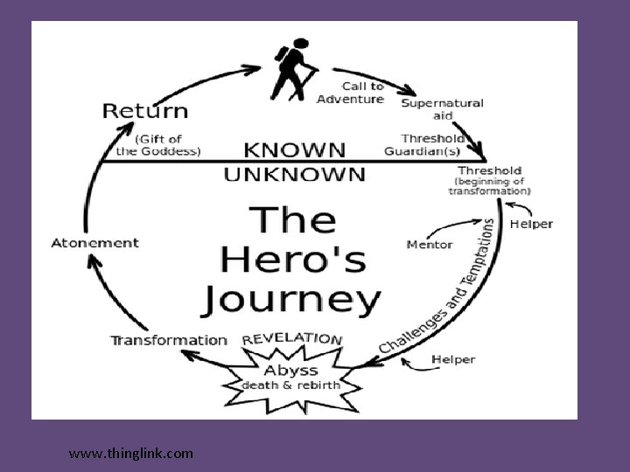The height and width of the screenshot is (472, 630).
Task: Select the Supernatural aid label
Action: pyautogui.click(x=442, y=109)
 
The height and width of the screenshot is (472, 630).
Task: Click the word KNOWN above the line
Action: pyautogui.click(x=294, y=149)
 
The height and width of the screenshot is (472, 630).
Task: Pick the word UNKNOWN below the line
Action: pyautogui.click(x=294, y=173)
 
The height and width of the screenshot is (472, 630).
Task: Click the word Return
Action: pyautogui.click(x=145, y=111)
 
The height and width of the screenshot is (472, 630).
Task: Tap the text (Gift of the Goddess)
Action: pyautogui.click(x=158, y=144)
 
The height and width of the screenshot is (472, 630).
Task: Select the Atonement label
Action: pyautogui.click(x=96, y=242)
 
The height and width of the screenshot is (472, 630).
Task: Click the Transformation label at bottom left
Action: pyautogui.click(x=169, y=340)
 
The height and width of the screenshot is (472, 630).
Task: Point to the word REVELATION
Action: pyautogui.click(x=292, y=338)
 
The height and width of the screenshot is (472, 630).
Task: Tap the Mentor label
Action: pyautogui.click(x=429, y=244)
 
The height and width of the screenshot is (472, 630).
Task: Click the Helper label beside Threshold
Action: pyautogui.click(x=531, y=224)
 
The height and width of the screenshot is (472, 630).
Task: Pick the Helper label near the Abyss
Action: pyautogui.click(x=454, y=359)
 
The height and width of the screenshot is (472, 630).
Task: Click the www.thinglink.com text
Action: pyautogui.click(x=131, y=453)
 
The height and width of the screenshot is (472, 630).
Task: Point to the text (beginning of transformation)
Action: pyautogui.click(x=489, y=185)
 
